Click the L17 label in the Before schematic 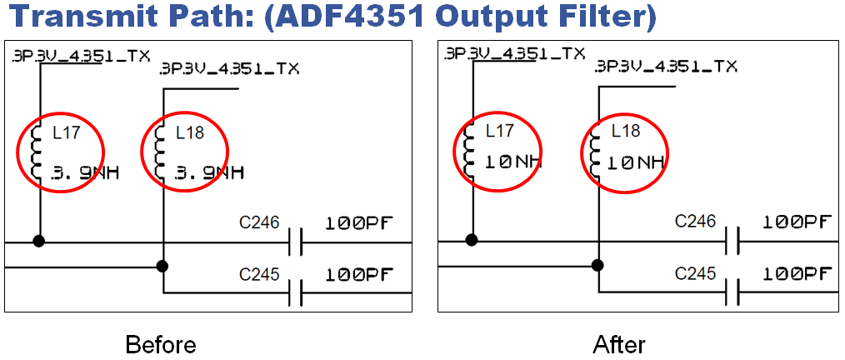[x=67, y=132]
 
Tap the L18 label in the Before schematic [x=190, y=132]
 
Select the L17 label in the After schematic [x=500, y=130]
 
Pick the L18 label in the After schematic [x=626, y=131]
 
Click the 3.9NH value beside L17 [x=84, y=173]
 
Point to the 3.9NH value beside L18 [x=209, y=173]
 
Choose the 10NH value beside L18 [x=636, y=162]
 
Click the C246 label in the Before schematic [x=259, y=222]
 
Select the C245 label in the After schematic [x=696, y=274]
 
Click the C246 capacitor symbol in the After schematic [x=732, y=242]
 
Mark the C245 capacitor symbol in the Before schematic [x=295, y=293]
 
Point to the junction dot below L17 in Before [x=39, y=240]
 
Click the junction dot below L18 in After [x=597, y=265]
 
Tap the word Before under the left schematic [x=161, y=344]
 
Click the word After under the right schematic [x=619, y=344]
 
